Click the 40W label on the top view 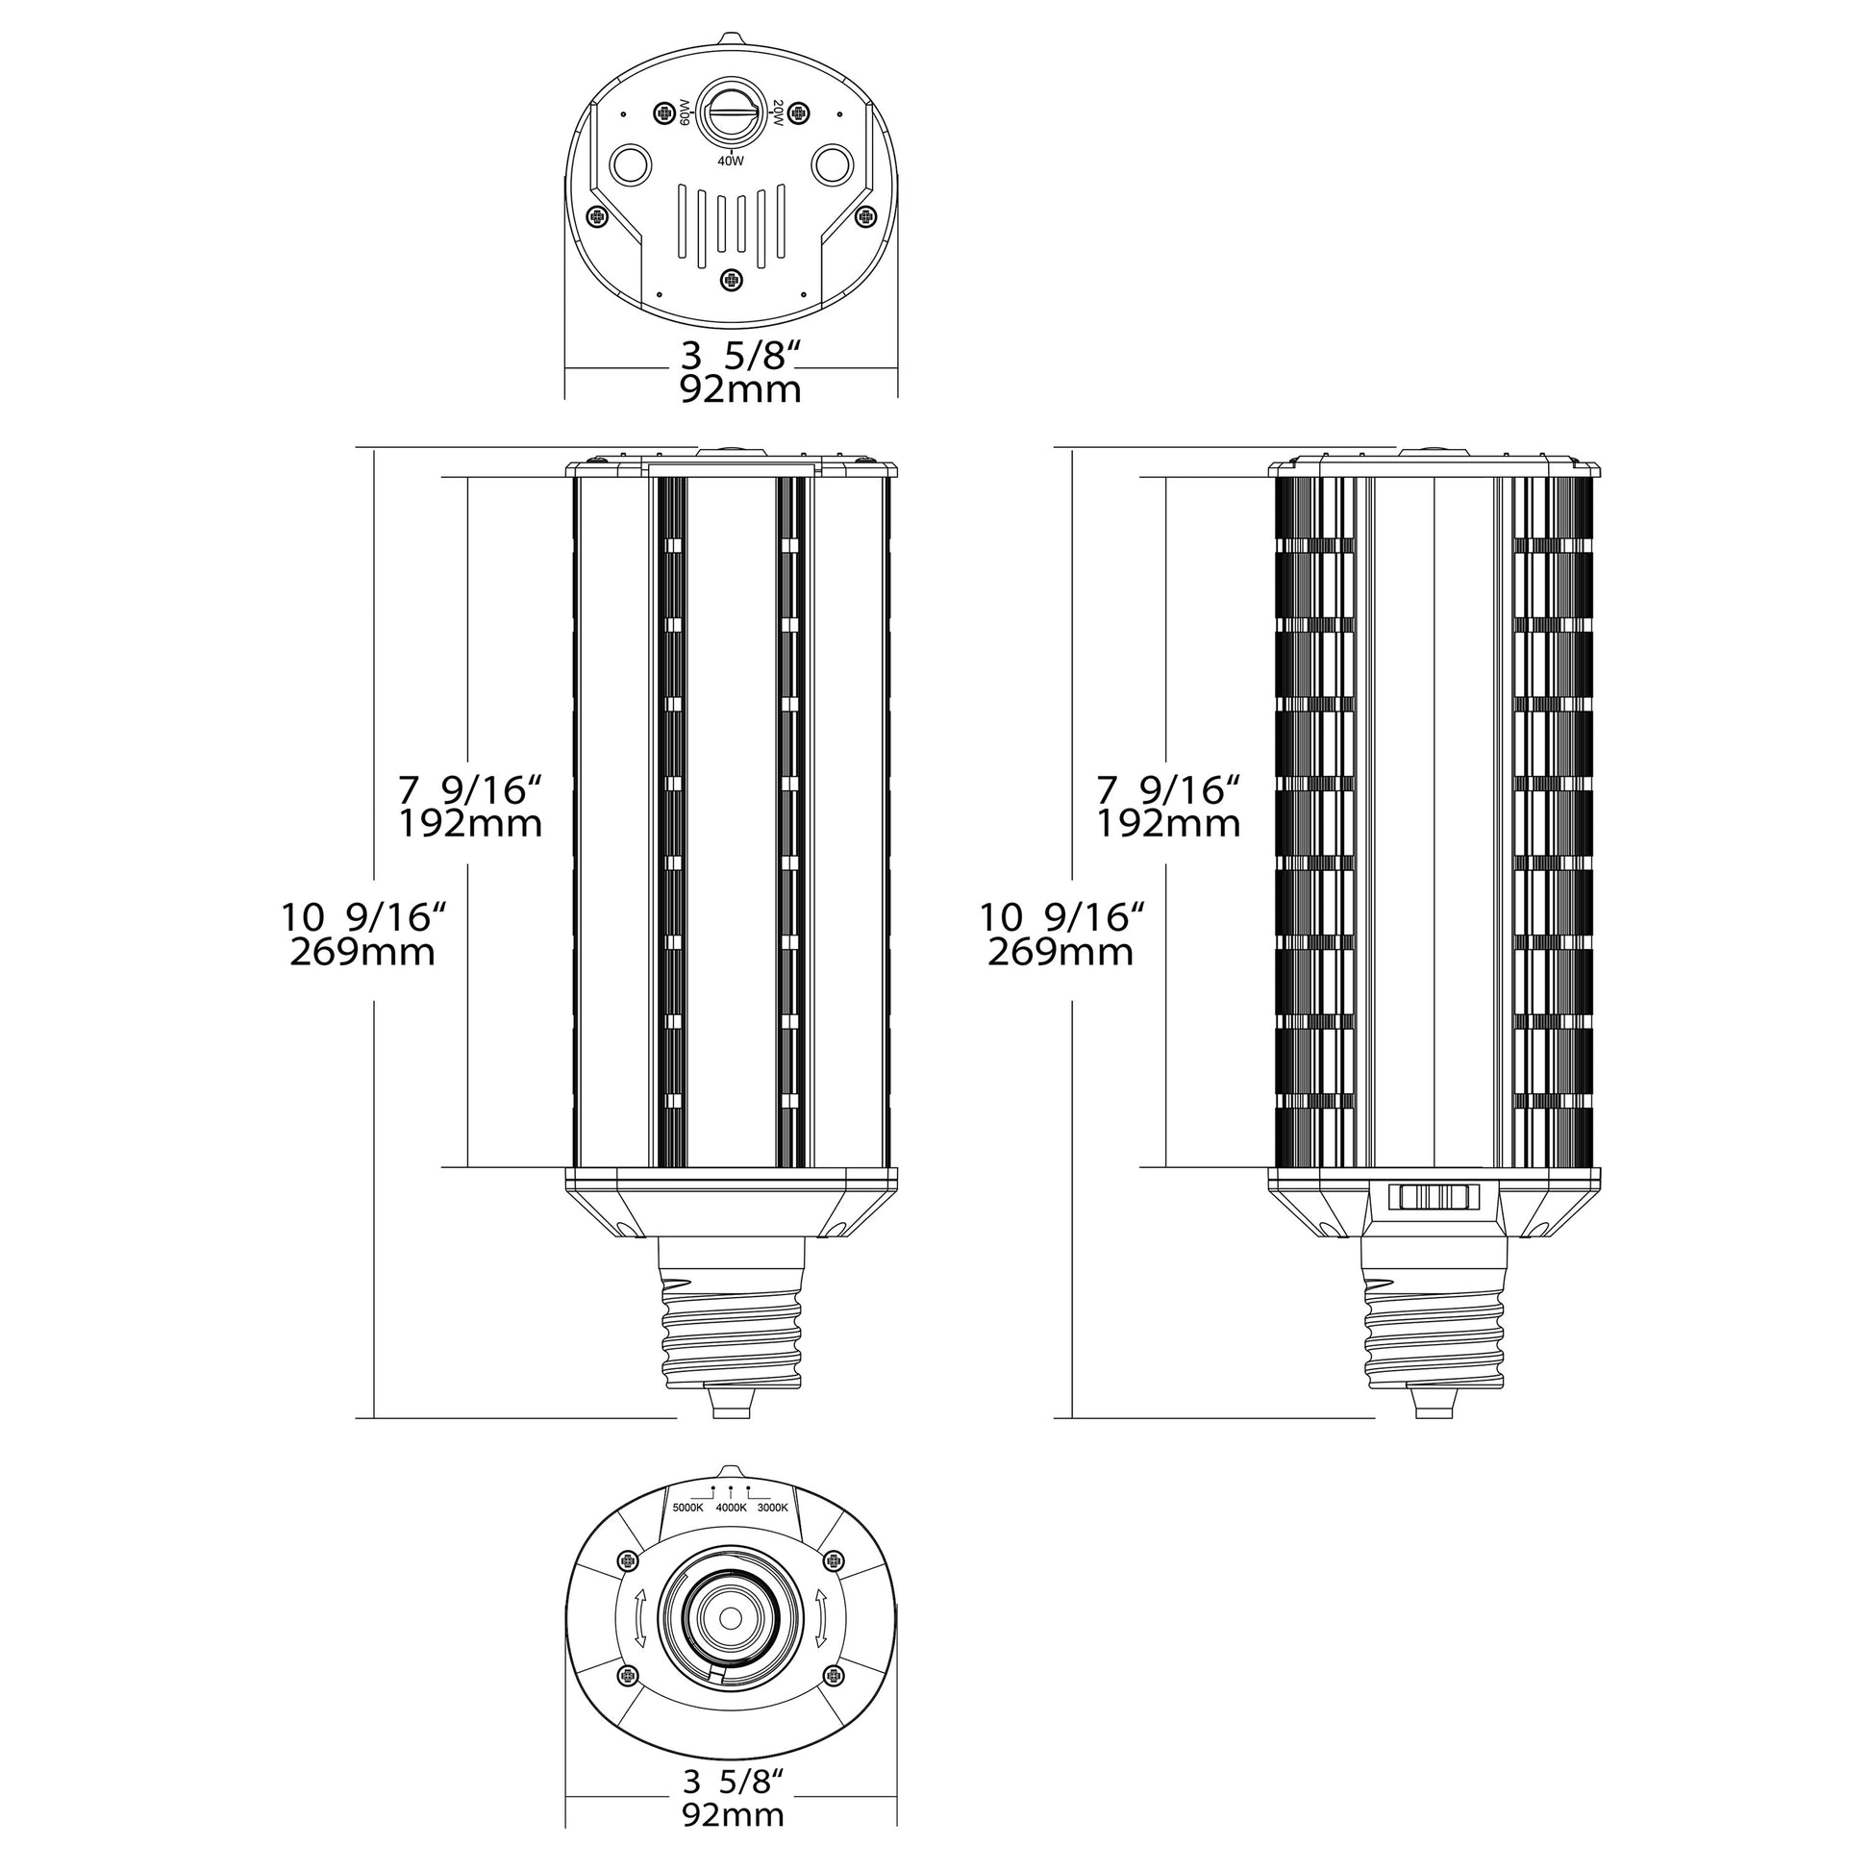[x=730, y=162]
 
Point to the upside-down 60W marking [x=684, y=113]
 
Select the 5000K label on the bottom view [x=687, y=1508]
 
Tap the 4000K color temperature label [x=730, y=1508]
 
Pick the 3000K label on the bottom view [x=773, y=1508]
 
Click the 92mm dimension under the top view [x=740, y=390]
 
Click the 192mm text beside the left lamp [x=471, y=824]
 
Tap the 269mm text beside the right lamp [x=1060, y=953]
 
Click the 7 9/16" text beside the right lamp [x=1168, y=790]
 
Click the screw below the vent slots [x=731, y=280]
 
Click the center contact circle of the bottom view [x=730, y=1618]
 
